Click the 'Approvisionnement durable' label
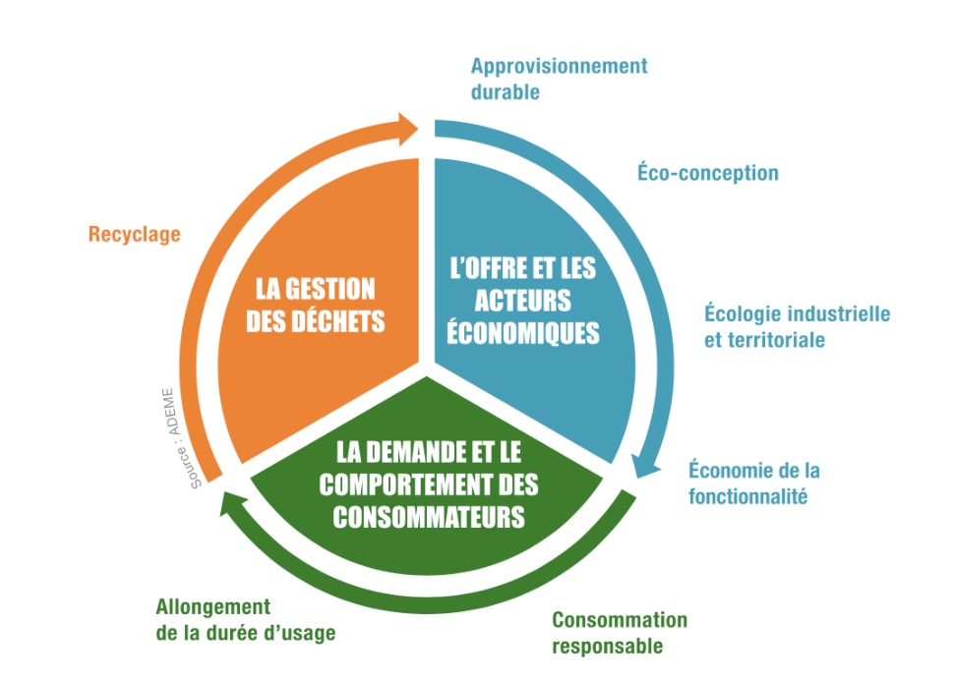click(x=559, y=80)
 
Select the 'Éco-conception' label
click(x=708, y=173)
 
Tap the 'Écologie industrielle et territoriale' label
click(x=797, y=327)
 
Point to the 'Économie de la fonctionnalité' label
click(x=754, y=482)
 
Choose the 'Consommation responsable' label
click(x=619, y=633)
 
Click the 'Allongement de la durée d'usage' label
click(x=245, y=620)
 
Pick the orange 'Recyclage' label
click(x=135, y=234)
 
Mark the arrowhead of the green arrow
click(x=232, y=503)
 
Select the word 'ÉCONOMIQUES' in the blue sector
click(x=522, y=332)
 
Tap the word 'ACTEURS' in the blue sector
click(x=522, y=300)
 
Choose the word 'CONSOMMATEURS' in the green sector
click(x=428, y=516)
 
